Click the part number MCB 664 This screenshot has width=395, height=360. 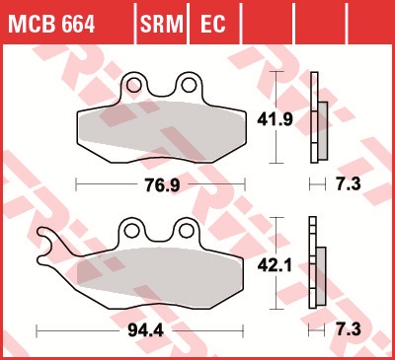[51, 24]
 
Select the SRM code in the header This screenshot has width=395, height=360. [162, 24]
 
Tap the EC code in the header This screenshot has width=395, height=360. [212, 24]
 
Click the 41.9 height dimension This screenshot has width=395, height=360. [275, 119]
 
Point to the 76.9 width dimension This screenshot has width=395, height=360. [163, 185]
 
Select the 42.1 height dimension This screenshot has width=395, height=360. [275, 265]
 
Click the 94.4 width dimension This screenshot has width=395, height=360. [145, 330]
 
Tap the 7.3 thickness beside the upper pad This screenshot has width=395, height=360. [349, 183]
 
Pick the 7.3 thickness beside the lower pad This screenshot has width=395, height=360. [349, 329]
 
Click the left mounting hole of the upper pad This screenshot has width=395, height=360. [133, 85]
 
